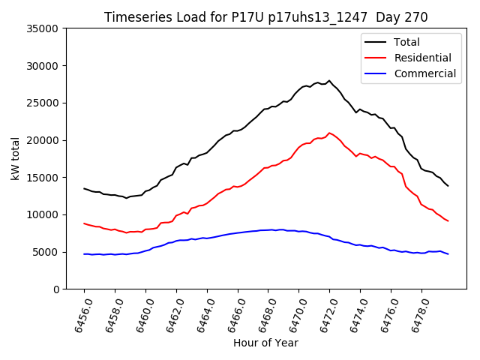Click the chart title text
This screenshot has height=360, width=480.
tap(265, 17)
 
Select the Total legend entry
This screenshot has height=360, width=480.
tap(406, 42)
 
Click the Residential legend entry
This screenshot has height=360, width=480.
tap(422, 58)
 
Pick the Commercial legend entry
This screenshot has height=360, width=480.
tap(424, 73)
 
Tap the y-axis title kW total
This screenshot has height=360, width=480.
tap(16, 159)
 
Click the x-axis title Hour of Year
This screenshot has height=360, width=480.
tap(265, 343)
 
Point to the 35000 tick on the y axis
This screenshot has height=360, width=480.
tap(43, 28)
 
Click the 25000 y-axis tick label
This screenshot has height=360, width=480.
tap(43, 103)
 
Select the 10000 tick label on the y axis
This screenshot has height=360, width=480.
tap(43, 214)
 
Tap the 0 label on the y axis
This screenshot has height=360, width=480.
tap(55, 289)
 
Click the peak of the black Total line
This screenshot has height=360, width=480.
tap(328, 80)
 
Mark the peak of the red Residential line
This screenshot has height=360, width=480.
tap(329, 133)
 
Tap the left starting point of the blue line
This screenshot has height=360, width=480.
tap(84, 254)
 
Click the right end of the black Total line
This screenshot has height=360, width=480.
tap(448, 186)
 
